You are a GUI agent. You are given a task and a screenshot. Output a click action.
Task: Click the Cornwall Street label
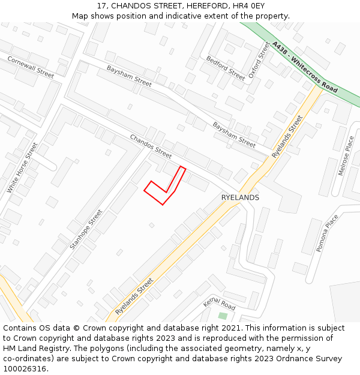coord(31,67)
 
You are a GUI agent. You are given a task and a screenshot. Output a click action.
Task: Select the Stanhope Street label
coord(86,229)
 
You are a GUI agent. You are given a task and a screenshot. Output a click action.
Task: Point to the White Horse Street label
coord(22,168)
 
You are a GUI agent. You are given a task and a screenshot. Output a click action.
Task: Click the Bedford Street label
coord(226,68)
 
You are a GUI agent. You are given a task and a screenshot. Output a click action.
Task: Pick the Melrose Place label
coord(346,155)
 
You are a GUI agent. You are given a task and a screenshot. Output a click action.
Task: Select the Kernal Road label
coord(219,303)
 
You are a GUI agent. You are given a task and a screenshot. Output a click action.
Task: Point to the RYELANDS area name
coord(240,197)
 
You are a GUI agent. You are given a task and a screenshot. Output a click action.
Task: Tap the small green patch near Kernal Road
coord(223,316)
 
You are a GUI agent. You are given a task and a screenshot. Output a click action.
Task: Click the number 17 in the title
coord(101,6)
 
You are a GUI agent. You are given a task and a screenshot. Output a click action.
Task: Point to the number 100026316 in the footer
coord(23,369)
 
